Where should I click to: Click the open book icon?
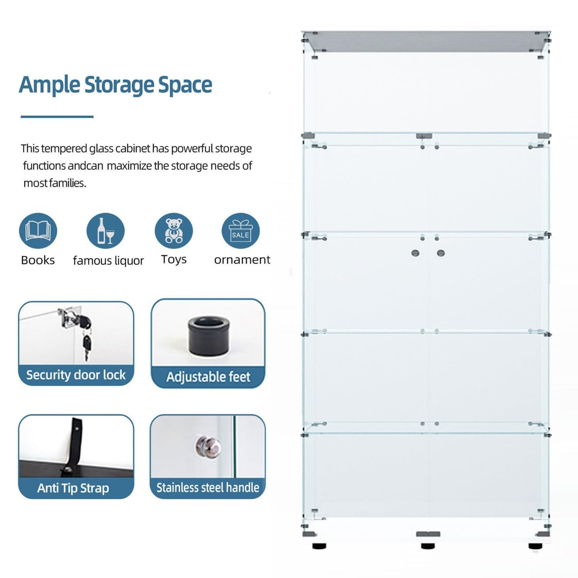click(x=38, y=231)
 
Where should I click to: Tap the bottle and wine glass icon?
click(x=106, y=231)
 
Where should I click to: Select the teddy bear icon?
click(x=173, y=231)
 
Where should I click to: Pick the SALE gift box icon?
click(x=240, y=231)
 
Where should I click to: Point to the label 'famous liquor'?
click(x=108, y=260)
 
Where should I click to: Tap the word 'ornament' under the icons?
click(x=242, y=260)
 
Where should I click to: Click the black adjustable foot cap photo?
click(x=209, y=336)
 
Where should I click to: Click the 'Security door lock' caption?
click(x=76, y=375)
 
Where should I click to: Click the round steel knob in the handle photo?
click(x=208, y=446)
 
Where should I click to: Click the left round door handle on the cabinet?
click(x=416, y=253)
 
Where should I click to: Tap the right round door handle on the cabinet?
click(x=441, y=253)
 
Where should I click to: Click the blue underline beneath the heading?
click(x=57, y=116)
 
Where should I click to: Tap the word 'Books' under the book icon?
click(x=38, y=260)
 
